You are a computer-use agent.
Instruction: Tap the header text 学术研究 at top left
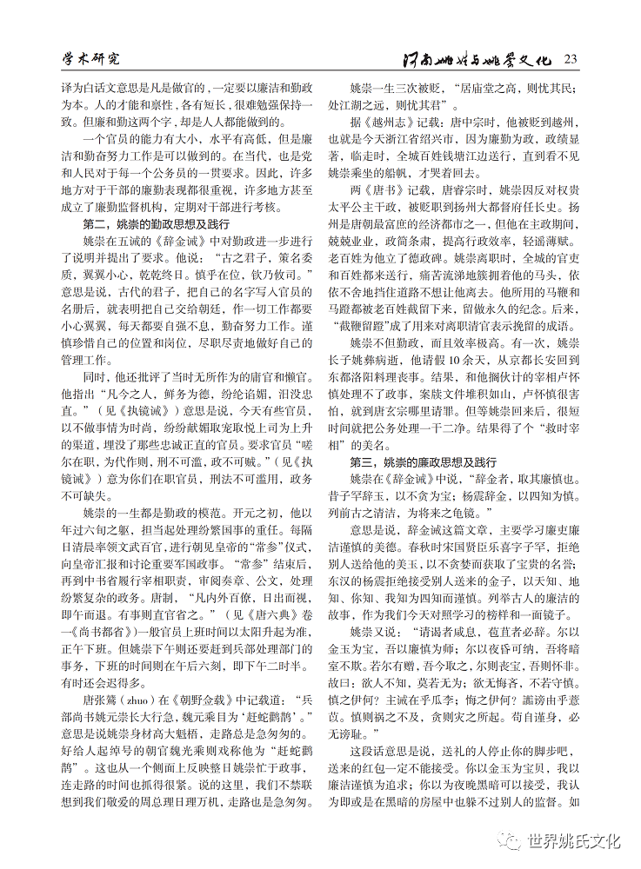click(90, 59)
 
